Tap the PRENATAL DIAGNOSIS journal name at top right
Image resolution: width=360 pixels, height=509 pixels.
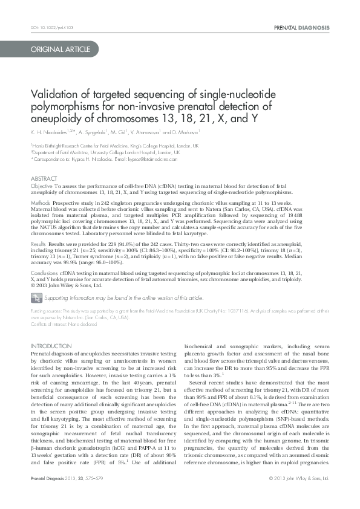301,28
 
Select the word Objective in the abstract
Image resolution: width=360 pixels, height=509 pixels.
42,188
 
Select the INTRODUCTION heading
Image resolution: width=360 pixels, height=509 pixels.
51,346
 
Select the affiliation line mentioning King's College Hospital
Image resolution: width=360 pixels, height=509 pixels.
114,146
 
